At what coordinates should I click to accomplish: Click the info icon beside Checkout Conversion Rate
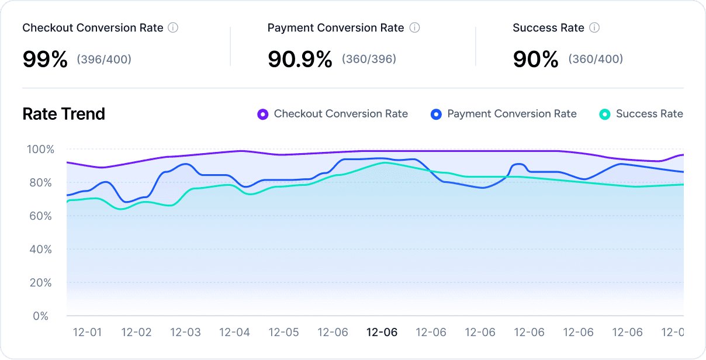[173, 27]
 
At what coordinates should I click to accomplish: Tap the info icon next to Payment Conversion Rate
[414, 27]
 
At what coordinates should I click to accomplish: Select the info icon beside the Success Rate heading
[594, 27]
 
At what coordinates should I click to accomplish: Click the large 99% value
[45, 59]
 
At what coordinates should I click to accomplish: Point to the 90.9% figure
[300, 59]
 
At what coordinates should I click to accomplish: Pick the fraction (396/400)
[104, 59]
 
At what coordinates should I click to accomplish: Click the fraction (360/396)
[369, 59]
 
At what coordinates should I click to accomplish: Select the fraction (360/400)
[596, 59]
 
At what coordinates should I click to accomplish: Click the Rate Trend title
[64, 114]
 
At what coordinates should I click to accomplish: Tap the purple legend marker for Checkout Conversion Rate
[263, 115]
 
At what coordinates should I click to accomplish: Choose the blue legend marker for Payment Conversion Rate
[436, 115]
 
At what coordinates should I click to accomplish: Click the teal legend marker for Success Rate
[605, 115]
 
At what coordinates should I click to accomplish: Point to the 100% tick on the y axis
[40, 150]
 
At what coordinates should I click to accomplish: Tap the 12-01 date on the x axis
[87, 333]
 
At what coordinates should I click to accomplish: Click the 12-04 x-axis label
[234, 333]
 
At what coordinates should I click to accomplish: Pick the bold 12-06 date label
[382, 333]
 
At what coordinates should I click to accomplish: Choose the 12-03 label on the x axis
[185, 333]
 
